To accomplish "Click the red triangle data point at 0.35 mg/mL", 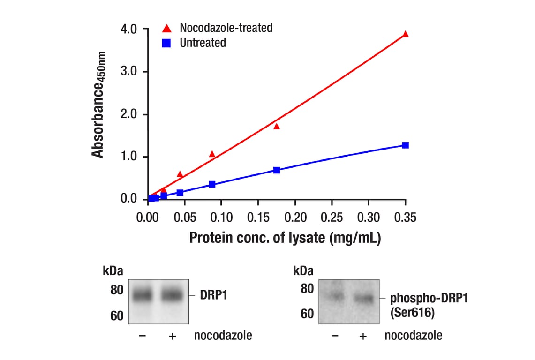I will (406, 34).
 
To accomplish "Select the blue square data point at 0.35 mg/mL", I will (406, 145).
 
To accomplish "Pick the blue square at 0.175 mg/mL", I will (277, 170).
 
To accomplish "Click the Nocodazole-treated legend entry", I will (226, 28).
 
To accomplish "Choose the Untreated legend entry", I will (203, 43).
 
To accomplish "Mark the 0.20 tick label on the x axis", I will (295, 217).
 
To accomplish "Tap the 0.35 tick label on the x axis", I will (405, 217).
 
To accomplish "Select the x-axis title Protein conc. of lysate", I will (285, 238).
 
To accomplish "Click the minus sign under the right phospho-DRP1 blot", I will (334, 336).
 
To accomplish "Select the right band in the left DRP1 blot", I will (172, 295).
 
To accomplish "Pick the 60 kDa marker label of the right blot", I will (307, 314).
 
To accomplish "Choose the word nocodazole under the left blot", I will (223, 336).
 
